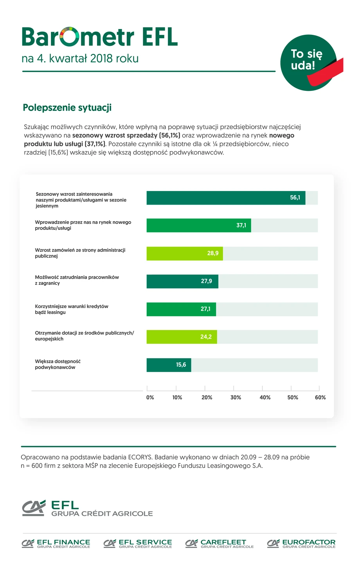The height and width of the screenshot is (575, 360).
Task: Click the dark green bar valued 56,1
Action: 226,198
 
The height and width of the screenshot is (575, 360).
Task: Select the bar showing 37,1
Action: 199,225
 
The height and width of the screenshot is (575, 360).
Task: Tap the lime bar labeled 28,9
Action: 185,253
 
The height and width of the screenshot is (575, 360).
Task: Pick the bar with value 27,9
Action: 182,281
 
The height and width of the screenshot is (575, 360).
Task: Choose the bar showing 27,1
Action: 181,309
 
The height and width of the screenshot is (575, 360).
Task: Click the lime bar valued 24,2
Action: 182,337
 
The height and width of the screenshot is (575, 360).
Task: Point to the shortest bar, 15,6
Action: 169,365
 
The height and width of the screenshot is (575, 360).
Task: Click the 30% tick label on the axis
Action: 236,397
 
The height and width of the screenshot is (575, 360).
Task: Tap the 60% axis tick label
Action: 320,397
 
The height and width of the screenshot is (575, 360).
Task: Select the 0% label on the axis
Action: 150,397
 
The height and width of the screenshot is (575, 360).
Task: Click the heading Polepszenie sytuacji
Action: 67,108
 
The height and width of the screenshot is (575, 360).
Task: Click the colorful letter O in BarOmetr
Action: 70,37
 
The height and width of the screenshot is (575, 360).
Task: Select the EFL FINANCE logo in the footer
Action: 56,543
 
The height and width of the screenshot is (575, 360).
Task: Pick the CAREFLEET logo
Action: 220,543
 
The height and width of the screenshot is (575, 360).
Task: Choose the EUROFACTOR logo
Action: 301,543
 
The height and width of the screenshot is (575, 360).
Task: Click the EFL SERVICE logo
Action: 138,543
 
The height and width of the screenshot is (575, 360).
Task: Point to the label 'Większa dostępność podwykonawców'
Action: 58,364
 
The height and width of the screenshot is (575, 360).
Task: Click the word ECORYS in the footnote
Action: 140,457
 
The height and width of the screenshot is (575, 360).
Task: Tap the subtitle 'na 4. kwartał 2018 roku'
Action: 80,59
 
